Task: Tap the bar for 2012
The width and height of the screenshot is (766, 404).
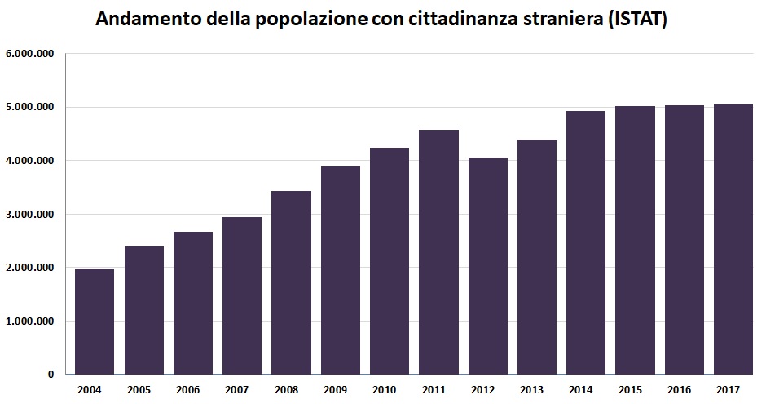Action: pos(487,265)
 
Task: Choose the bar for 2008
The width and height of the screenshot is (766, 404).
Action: pos(291,282)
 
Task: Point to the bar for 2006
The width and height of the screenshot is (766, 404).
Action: pos(193,303)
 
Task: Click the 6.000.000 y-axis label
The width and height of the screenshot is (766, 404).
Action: pos(29,54)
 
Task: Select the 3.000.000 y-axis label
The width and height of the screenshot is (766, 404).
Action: pos(29,215)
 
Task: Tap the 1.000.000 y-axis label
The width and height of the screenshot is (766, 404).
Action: pos(29,322)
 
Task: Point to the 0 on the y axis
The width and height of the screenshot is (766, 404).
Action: pos(51,375)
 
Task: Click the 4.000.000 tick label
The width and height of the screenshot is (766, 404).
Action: pos(29,161)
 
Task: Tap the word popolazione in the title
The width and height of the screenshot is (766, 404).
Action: pos(298,20)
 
